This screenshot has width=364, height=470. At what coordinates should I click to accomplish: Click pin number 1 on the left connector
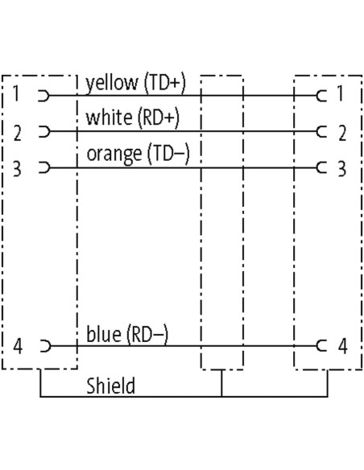[16, 93]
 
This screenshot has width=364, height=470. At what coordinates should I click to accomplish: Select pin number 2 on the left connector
[18, 134]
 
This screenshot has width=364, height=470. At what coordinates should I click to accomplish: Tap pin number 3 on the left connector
[17, 168]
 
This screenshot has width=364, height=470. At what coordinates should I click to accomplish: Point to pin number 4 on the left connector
[18, 346]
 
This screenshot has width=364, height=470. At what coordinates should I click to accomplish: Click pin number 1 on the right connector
[341, 93]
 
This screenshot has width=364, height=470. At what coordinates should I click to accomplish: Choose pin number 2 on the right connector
[342, 134]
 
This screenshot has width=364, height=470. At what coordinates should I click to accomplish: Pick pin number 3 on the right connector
[342, 168]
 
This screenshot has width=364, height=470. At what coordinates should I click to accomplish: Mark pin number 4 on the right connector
[343, 346]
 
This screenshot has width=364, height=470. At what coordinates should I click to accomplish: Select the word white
[109, 117]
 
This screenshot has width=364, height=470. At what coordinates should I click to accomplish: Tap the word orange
[114, 155]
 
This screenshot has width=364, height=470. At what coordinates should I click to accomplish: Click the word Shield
[110, 385]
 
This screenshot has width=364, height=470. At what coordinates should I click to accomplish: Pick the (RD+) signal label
[159, 117]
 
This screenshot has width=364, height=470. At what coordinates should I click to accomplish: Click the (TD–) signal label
[168, 154]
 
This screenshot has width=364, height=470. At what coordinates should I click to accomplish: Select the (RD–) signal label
[147, 334]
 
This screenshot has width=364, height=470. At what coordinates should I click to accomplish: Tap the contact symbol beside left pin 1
[43, 96]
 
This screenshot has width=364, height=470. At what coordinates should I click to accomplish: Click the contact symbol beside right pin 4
[321, 346]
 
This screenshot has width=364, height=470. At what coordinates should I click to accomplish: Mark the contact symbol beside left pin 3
[44, 167]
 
